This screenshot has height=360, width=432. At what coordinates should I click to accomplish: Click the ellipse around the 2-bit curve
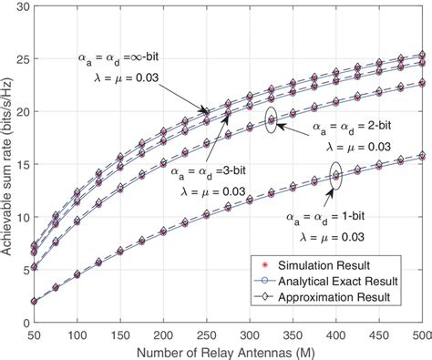pyautogui.click(x=271, y=122)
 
